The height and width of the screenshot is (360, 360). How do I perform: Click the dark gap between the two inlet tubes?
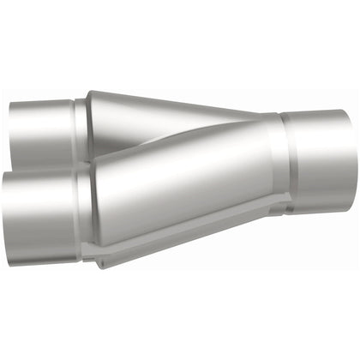coord(43,168)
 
